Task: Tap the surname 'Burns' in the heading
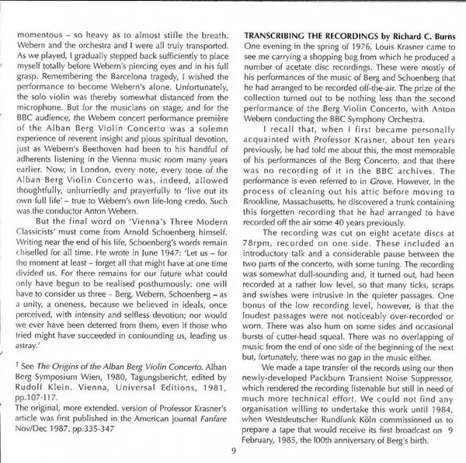point(441,37)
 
